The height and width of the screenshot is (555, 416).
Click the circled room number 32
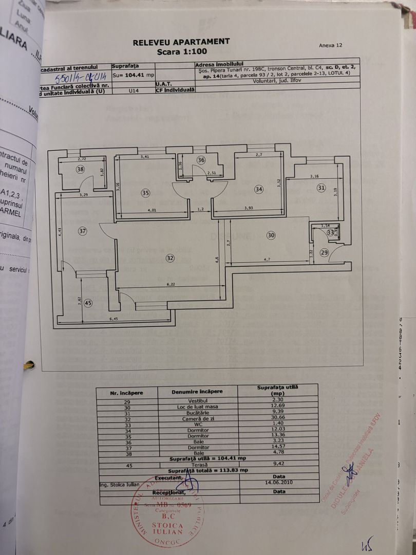point(171,258)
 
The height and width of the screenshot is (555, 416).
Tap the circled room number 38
point(80,169)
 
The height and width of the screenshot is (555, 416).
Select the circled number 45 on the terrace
point(88,303)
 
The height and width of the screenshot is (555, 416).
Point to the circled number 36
point(201,160)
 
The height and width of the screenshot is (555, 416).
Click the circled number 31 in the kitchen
point(322,188)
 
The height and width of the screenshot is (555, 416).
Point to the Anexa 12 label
point(330,45)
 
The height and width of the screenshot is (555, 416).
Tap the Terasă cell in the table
point(198,464)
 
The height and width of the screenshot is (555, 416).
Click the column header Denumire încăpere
point(197,391)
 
